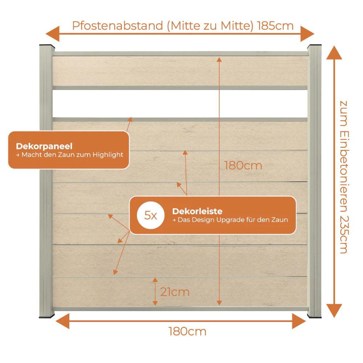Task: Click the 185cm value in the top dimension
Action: pyautogui.click(x=275, y=26)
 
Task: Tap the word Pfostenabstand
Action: pyautogui.click(x=118, y=26)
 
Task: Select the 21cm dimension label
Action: pyautogui.click(x=175, y=292)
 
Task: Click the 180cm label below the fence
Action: pyautogui.click(x=187, y=331)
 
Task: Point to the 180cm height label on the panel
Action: pyautogui.click(x=243, y=166)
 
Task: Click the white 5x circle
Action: pyautogui.click(x=151, y=215)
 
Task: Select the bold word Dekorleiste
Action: pyautogui.click(x=197, y=211)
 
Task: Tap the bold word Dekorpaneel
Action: pyautogui.click(x=44, y=146)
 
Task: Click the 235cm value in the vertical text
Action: pyautogui.click(x=344, y=235)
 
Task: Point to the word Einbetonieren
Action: pyautogui.click(x=344, y=172)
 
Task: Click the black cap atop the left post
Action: pyautogui.click(x=47, y=46)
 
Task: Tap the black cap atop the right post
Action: pyautogui.click(x=314, y=46)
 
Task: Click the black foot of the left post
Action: pyautogui.click(x=47, y=316)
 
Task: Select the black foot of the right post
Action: pyautogui.click(x=314, y=316)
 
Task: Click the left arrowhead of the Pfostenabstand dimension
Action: pyautogui.click(x=53, y=34)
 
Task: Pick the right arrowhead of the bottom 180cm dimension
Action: pyautogui.click(x=299, y=321)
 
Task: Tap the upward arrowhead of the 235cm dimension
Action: pyautogui.click(x=334, y=53)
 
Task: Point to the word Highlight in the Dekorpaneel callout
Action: pyautogui.click(x=108, y=155)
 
